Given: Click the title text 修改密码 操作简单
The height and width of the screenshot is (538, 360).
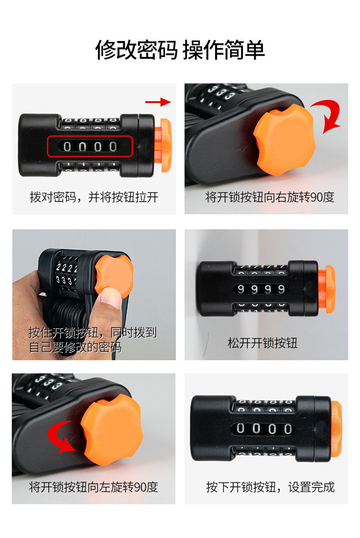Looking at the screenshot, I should [x=180, y=50].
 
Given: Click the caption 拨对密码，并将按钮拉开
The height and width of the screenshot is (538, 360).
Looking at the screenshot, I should [x=94, y=197].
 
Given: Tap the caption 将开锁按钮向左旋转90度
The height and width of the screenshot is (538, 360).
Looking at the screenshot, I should [x=94, y=487].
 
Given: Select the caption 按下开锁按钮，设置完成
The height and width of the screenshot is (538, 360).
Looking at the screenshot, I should [x=270, y=487].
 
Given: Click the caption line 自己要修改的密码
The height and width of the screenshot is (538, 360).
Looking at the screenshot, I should [x=75, y=347].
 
